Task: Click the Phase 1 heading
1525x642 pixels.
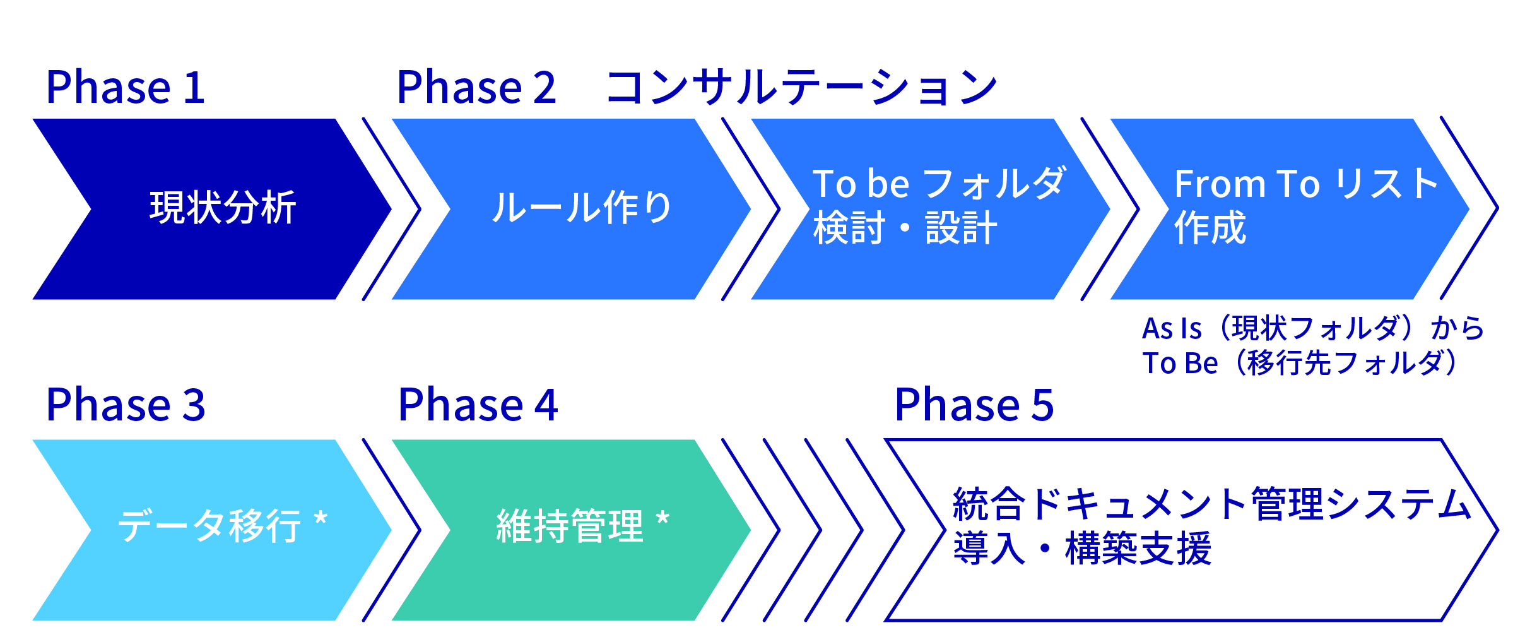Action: pyautogui.click(x=125, y=87)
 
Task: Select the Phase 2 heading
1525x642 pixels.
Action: pyautogui.click(x=476, y=87)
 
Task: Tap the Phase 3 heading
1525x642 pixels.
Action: pyautogui.click(x=126, y=405)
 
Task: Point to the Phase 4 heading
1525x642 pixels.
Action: pyautogui.click(x=478, y=405)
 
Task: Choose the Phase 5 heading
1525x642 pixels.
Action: pyautogui.click(x=974, y=405)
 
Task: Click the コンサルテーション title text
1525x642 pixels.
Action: pyautogui.click(x=801, y=87)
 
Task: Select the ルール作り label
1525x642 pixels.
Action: pyautogui.click(x=581, y=208)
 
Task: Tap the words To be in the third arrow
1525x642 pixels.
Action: pyautogui.click(x=861, y=184)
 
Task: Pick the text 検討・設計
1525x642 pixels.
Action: pyautogui.click(x=905, y=228)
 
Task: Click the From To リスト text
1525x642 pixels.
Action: pyautogui.click(x=1306, y=184)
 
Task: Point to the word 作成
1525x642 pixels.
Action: pyautogui.click(x=1210, y=228)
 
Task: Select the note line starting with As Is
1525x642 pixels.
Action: pyautogui.click(x=1312, y=328)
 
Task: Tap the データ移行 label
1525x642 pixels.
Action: pyautogui.click(x=210, y=526)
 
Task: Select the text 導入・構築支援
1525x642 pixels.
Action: pyautogui.click(x=1082, y=548)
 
